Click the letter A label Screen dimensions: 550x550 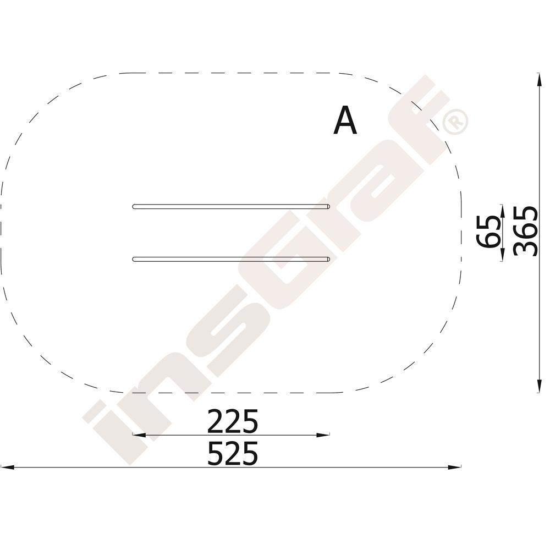point(345,120)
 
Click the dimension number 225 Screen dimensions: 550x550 point(233,421)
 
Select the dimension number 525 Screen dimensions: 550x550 point(233,453)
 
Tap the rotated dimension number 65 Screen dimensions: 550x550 point(488,232)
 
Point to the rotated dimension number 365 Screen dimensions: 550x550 point(525,231)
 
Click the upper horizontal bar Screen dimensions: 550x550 point(231,207)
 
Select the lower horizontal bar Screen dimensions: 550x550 point(231,259)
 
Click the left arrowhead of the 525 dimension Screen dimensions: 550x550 point(7,467)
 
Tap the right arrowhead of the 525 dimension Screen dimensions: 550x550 point(455,467)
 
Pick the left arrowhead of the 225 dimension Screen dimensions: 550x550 point(139,435)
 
